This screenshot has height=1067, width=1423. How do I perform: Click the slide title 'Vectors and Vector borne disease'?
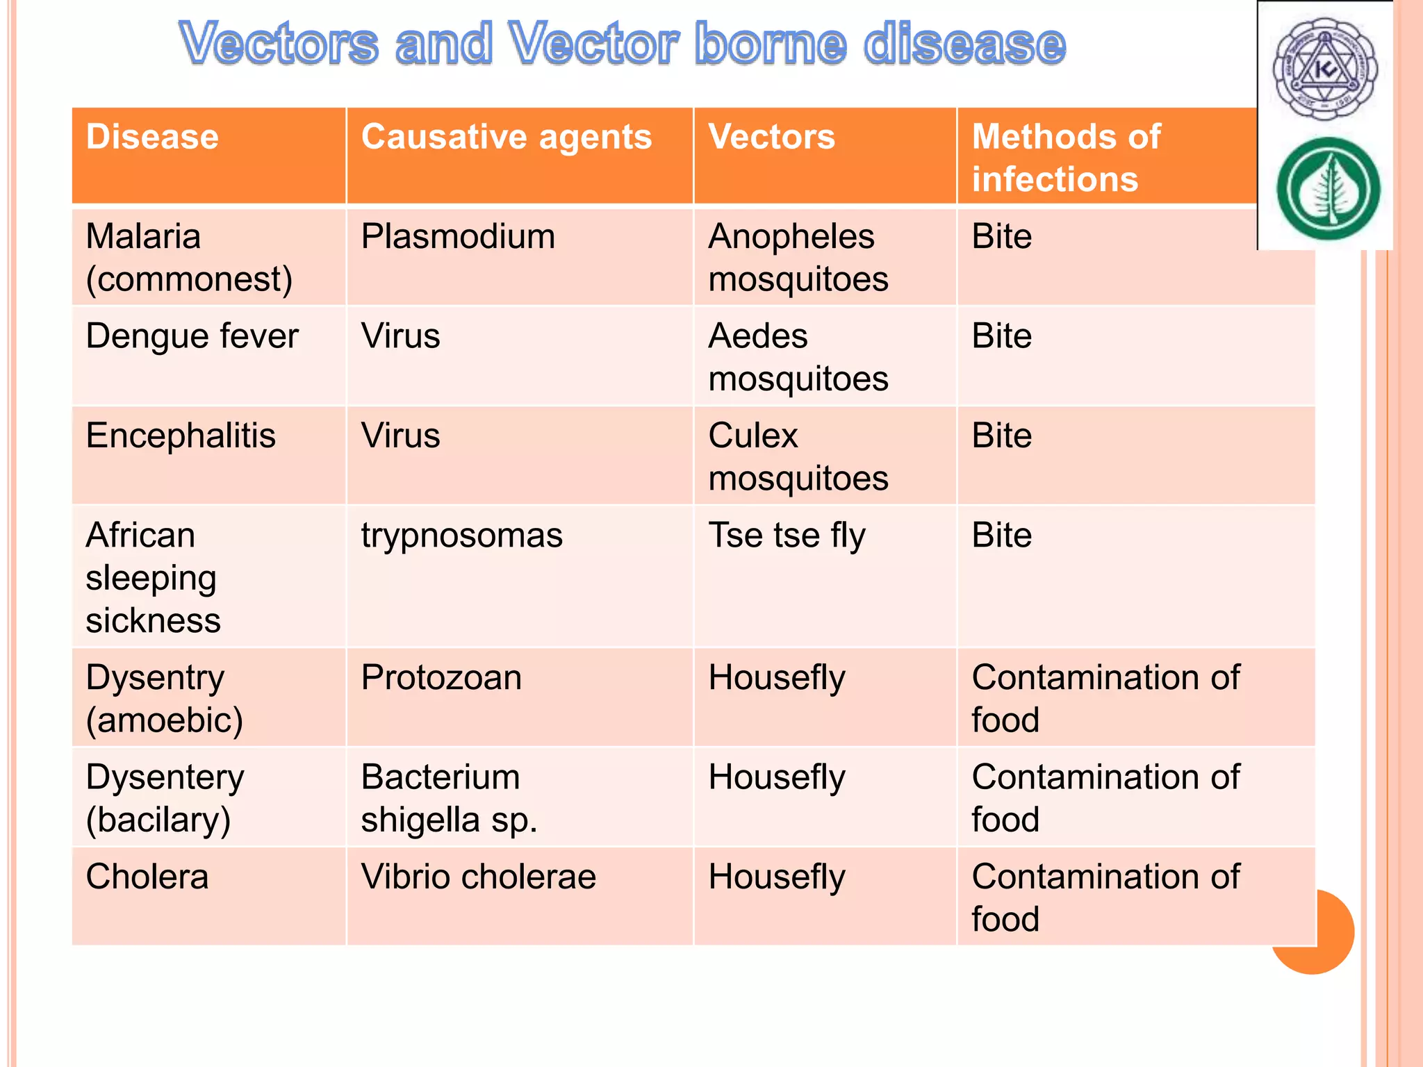click(622, 43)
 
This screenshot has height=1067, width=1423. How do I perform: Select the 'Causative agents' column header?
click(507, 137)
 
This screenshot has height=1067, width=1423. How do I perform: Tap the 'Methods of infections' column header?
click(1065, 158)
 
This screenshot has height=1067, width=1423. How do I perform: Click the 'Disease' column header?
click(152, 137)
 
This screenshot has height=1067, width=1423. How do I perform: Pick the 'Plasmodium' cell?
click(458, 237)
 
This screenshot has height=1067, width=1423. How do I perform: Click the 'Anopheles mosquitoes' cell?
click(798, 258)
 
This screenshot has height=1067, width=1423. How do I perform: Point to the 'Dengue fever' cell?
click(192, 336)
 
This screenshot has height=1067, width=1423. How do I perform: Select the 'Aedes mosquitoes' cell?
click(798, 357)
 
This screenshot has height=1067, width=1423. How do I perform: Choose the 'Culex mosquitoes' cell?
click(798, 456)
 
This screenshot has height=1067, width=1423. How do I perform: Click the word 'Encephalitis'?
click(181, 436)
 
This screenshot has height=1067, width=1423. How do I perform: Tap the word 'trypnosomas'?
click(461, 536)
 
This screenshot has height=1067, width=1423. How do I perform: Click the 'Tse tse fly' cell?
click(787, 536)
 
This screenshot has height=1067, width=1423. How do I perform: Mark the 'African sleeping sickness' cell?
click(153, 577)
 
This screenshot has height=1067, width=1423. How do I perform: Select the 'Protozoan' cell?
click(441, 677)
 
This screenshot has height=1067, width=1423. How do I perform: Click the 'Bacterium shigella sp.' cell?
click(449, 797)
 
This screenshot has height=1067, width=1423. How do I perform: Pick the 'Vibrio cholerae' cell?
click(478, 877)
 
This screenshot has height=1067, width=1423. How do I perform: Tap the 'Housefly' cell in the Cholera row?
click(777, 877)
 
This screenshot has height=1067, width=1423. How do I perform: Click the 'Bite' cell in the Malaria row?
click(1001, 237)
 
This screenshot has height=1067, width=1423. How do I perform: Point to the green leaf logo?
click(1328, 189)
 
